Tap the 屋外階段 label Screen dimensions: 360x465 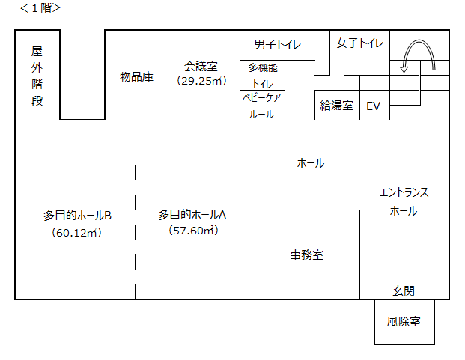(x=37, y=76)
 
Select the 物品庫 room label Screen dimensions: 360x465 (x=137, y=76)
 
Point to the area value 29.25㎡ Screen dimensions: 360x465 (x=201, y=80)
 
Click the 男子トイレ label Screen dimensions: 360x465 (x=277, y=45)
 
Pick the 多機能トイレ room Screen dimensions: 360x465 (x=263, y=75)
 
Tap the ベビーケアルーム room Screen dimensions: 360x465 (x=262, y=106)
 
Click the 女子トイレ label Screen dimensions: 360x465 (x=359, y=43)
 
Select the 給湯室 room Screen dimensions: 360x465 (x=336, y=106)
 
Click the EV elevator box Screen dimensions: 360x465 (x=374, y=106)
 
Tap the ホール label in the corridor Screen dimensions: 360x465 (x=311, y=162)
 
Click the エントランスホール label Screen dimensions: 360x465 (x=404, y=201)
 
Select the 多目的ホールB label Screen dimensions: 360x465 (x=77, y=215)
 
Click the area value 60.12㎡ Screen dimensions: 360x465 (x=77, y=232)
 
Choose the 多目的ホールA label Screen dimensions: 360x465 (x=192, y=214)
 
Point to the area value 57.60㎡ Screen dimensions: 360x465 (x=193, y=231)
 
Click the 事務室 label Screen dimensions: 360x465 (x=307, y=254)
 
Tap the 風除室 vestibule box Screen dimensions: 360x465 (x=404, y=322)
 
